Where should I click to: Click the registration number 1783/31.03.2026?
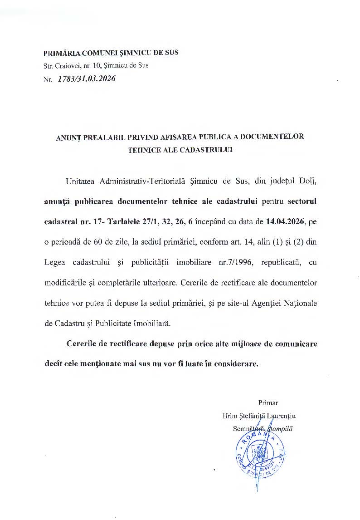pyautogui.click(x=86, y=79)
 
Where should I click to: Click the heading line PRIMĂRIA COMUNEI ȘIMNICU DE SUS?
pyautogui.click(x=111, y=53)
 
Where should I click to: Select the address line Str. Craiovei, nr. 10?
pyautogui.click(x=96, y=65)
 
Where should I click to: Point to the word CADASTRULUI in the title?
pyautogui.click(x=206, y=149)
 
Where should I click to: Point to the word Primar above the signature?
pyautogui.click(x=268, y=402)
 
